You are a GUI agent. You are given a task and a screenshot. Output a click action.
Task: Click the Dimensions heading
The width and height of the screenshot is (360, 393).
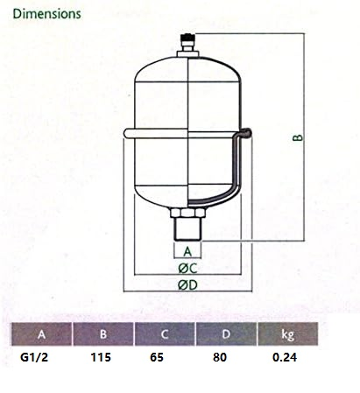coord(46,14)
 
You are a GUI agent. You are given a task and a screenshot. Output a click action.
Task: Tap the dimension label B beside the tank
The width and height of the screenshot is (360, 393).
coord(298,137)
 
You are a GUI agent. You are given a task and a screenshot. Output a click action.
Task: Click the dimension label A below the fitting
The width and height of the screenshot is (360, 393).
coord(187,251)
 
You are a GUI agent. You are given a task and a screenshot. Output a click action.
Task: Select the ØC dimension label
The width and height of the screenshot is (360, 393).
coord(187,269)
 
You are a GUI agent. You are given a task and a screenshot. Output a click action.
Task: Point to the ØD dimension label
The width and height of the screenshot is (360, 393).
coord(187,285)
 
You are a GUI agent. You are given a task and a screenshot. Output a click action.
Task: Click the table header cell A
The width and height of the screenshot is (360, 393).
coord(41,334)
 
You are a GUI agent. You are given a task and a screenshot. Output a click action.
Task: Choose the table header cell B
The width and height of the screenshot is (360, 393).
coord(103,334)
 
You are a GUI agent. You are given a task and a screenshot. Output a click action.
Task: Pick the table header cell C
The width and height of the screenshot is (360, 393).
coord(165,334)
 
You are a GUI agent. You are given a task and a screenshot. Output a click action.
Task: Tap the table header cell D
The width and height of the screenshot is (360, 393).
coord(226,334)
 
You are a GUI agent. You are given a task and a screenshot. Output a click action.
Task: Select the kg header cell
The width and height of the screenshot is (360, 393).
coord(288,334)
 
